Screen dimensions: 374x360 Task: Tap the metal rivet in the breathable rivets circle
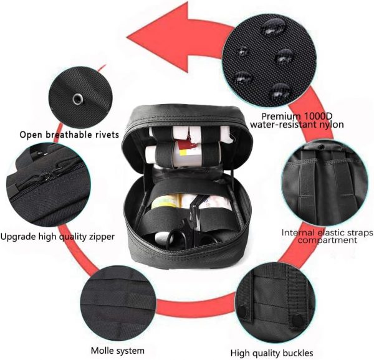point(77,99)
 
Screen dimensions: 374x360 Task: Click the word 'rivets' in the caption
point(105,135)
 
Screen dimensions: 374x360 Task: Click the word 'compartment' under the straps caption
point(327,240)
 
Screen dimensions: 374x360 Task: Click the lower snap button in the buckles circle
point(297,321)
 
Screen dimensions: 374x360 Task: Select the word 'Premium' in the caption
point(278,116)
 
